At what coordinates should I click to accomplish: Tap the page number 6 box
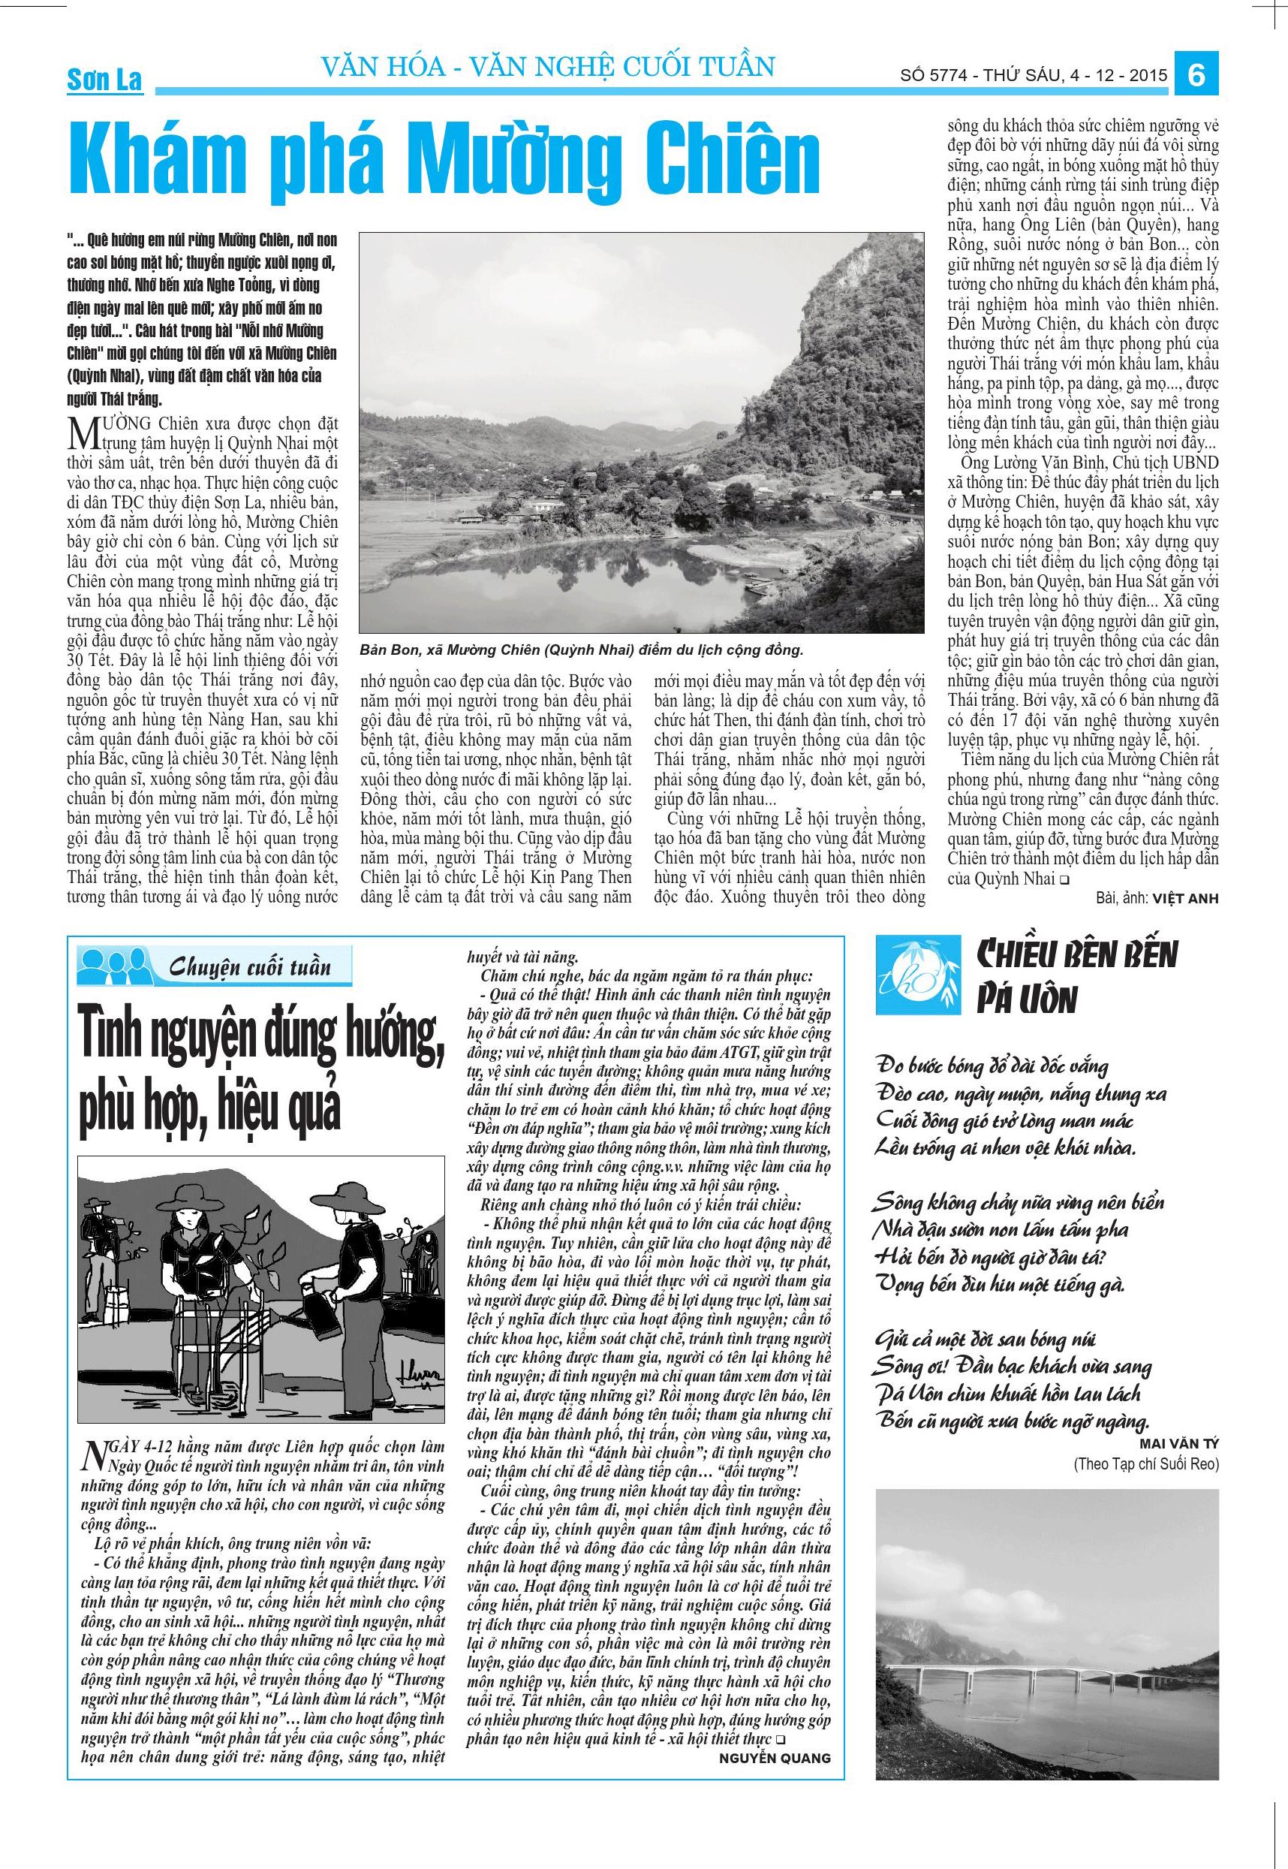tap(1196, 75)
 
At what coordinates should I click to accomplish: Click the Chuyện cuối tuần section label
tap(250, 967)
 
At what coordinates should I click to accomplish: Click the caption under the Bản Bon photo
tap(581, 649)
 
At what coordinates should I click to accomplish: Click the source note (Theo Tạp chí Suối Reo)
tap(1146, 1464)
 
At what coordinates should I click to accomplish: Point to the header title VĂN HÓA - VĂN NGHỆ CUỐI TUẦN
tap(548, 66)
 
